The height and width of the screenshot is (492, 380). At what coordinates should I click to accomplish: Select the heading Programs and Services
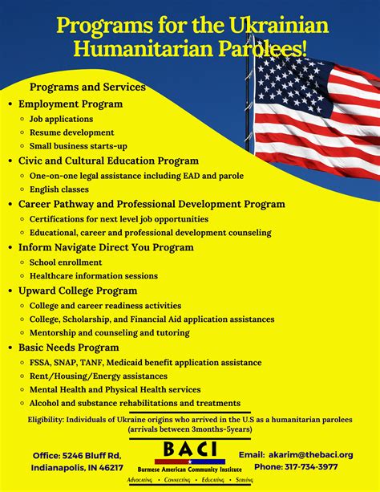[x=87, y=87]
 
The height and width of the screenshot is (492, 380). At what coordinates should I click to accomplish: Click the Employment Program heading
[x=71, y=104]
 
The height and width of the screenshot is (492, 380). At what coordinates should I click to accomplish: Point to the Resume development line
[x=71, y=132]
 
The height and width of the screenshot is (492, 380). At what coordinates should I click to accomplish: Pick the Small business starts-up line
[x=78, y=146]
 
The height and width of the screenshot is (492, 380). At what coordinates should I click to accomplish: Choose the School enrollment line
[x=66, y=262]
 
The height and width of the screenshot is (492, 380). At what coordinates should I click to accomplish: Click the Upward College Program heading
[x=78, y=291]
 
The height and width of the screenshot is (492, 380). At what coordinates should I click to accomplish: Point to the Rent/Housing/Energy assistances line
[x=99, y=376]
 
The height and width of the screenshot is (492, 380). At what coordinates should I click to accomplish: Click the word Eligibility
[x=45, y=418]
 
